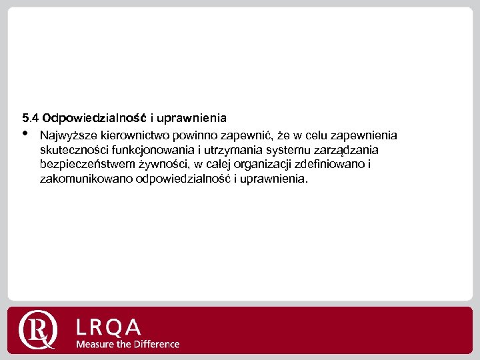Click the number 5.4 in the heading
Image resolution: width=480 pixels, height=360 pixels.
tap(30, 118)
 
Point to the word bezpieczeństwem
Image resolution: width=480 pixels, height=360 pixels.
tap(87, 165)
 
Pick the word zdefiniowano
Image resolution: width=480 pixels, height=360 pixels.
tap(333, 165)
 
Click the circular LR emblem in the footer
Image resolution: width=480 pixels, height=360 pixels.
tap(39, 329)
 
